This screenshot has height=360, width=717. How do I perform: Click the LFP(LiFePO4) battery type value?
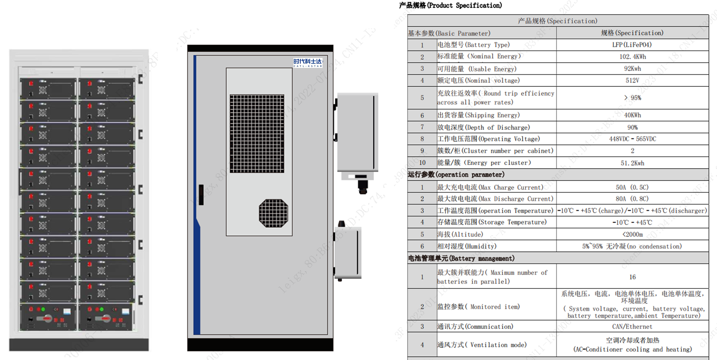632,45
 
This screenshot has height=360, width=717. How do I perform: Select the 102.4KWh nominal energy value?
632,57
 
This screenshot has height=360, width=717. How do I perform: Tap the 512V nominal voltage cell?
632,80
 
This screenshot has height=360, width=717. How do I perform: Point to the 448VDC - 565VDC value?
632,139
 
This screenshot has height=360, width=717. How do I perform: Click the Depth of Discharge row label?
484,127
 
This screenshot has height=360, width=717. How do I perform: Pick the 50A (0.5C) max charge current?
632,187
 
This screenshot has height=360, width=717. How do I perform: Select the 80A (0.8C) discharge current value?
632,199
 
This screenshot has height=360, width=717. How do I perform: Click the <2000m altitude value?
632,235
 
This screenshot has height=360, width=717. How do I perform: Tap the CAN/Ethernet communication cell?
632,326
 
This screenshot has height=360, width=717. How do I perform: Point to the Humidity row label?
467,246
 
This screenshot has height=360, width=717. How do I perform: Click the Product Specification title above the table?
450,5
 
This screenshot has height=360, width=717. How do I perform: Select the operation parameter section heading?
456,175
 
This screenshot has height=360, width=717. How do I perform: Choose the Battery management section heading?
461,259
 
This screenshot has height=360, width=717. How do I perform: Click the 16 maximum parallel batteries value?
632,277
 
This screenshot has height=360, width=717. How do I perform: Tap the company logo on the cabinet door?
307,62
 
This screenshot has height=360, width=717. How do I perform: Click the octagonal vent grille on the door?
273,213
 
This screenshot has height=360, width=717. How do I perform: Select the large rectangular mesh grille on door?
257,133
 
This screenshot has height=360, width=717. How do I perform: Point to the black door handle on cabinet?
201,195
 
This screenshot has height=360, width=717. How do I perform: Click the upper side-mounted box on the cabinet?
357,132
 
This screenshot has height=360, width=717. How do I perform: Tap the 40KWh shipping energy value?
632,115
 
